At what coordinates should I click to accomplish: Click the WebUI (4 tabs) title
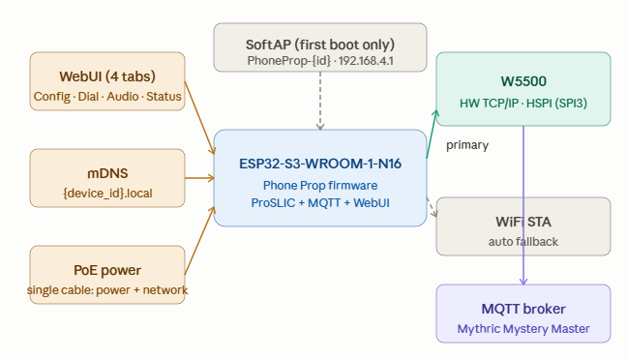tap(107, 76)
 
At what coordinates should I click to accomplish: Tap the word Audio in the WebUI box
tap(123, 97)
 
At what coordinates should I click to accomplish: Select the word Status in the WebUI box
tap(164, 97)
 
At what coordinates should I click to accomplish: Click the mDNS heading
tap(107, 173)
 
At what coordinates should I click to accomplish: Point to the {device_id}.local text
tap(107, 194)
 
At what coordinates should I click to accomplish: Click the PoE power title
tap(107, 270)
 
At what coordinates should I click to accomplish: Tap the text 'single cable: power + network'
tap(107, 289)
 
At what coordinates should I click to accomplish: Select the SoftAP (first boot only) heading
tap(320, 45)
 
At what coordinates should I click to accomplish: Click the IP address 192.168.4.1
tap(366, 61)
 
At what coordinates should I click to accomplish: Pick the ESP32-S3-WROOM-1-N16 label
tap(320, 164)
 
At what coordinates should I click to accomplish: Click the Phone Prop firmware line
tap(320, 185)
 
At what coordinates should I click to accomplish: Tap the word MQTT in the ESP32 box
tap(324, 203)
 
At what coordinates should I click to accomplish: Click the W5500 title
tap(523, 81)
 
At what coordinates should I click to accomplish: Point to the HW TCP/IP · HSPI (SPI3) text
tap(523, 104)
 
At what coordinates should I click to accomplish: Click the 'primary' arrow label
tap(467, 145)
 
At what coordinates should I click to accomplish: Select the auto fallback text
tap(523, 242)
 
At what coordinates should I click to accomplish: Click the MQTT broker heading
tap(523, 309)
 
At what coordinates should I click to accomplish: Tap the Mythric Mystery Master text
tap(523, 329)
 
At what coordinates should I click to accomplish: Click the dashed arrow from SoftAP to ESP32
tap(320, 101)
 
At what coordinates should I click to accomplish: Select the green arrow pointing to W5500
tap(433, 135)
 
